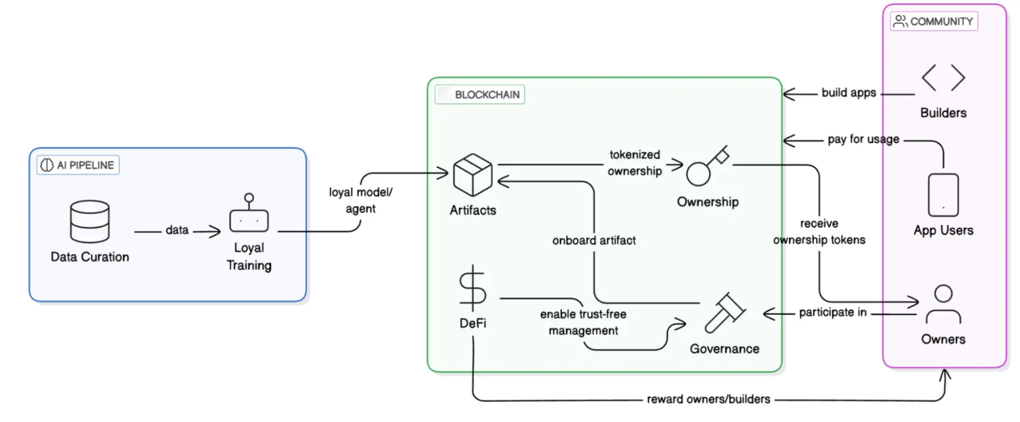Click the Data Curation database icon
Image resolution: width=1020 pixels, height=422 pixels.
pos(90,221)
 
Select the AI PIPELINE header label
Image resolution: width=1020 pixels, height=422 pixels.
pos(78,165)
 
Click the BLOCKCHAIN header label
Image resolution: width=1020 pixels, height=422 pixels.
pos(480,95)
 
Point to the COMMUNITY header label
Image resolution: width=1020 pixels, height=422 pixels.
pos(934,22)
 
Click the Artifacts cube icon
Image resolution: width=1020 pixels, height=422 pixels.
pos(472,175)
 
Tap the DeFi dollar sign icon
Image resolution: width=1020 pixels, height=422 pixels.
pos(472,288)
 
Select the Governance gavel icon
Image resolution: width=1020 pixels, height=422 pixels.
pos(724,313)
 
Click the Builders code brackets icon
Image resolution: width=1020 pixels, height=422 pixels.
pos(943,78)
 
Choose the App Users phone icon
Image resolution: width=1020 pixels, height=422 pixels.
pos(943,195)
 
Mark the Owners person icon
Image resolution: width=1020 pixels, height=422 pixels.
pos(943,305)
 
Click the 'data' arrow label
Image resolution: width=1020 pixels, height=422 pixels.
pos(177,230)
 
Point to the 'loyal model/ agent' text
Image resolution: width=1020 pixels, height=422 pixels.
pos(361,200)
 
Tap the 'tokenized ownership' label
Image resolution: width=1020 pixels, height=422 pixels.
pos(634,163)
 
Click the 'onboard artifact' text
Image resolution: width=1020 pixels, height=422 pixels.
pos(594,240)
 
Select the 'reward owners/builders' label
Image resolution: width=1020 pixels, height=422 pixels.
pos(708,399)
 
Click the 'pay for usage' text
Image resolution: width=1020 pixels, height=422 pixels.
pos(863,140)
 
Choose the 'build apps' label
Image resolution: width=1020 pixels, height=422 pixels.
pos(849,93)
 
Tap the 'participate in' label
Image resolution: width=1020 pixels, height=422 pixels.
pos(832,313)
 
